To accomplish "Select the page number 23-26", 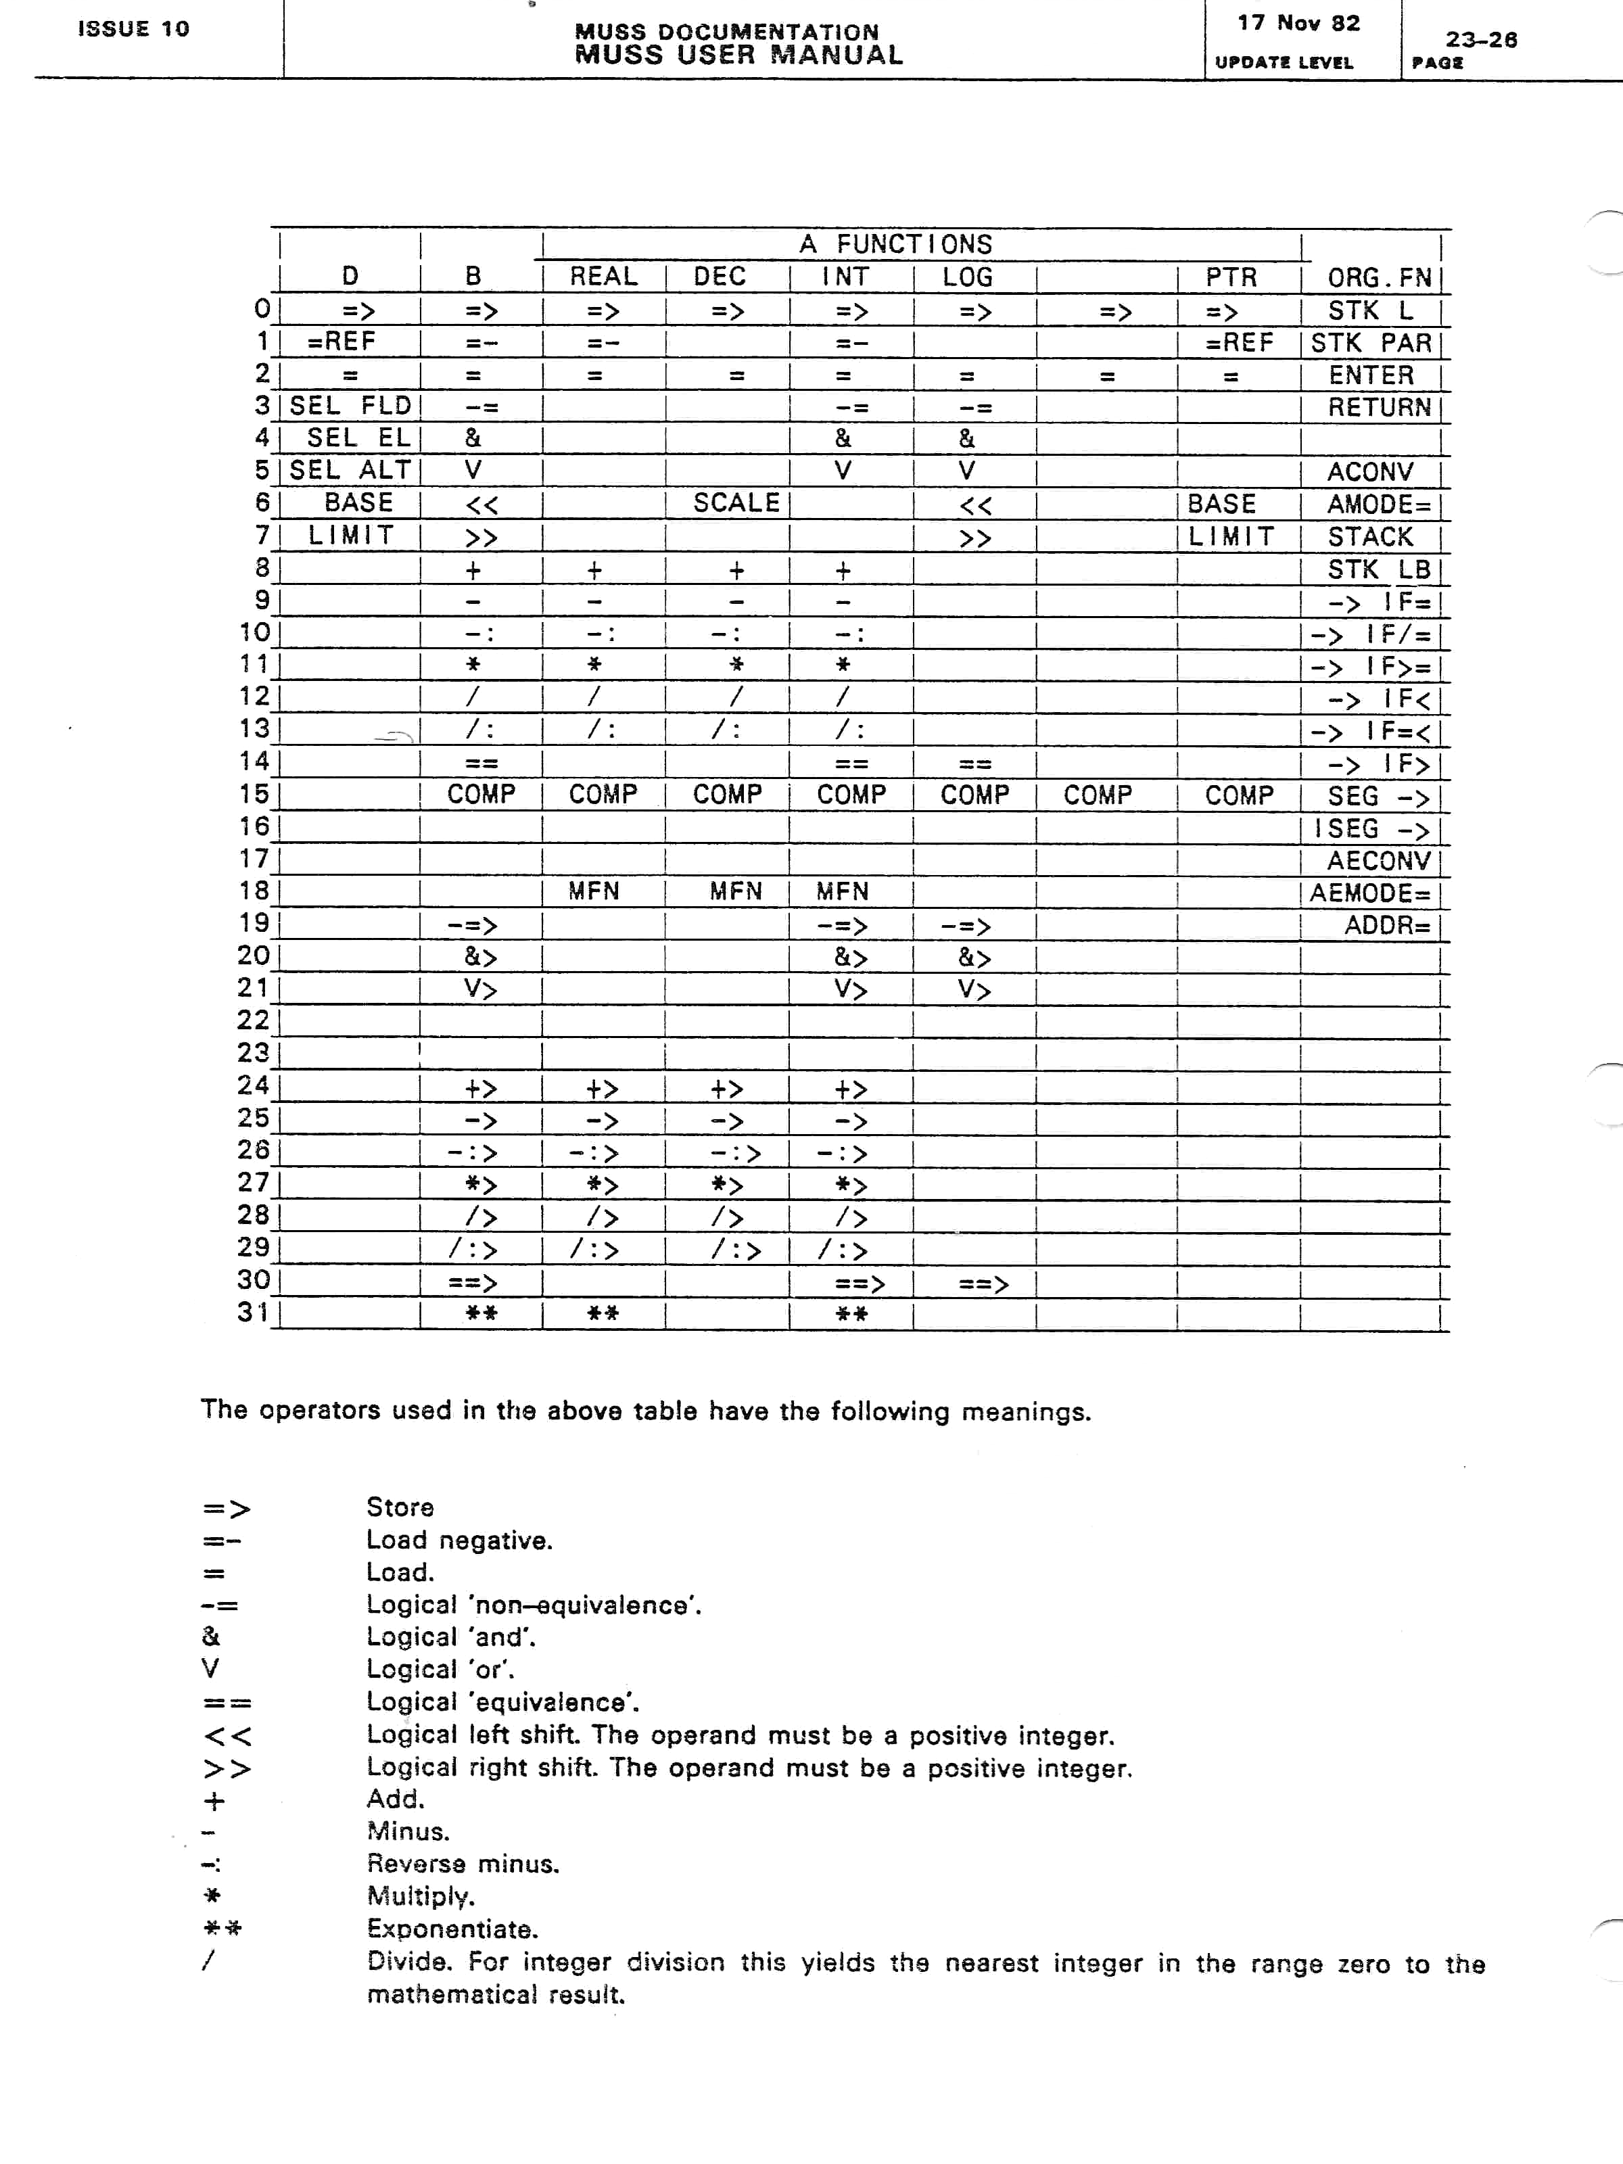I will pyautogui.click(x=1481, y=40).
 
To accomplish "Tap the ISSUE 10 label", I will pyautogui.click(x=133, y=29).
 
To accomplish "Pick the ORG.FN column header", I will pyautogui.click(x=1378, y=278).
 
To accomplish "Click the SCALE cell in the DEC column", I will pyautogui.click(x=736, y=503).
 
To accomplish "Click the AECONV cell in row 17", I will pyautogui.click(x=1378, y=861).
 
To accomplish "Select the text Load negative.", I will pyautogui.click(x=458, y=1540).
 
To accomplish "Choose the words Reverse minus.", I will pyautogui.click(x=463, y=1864).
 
